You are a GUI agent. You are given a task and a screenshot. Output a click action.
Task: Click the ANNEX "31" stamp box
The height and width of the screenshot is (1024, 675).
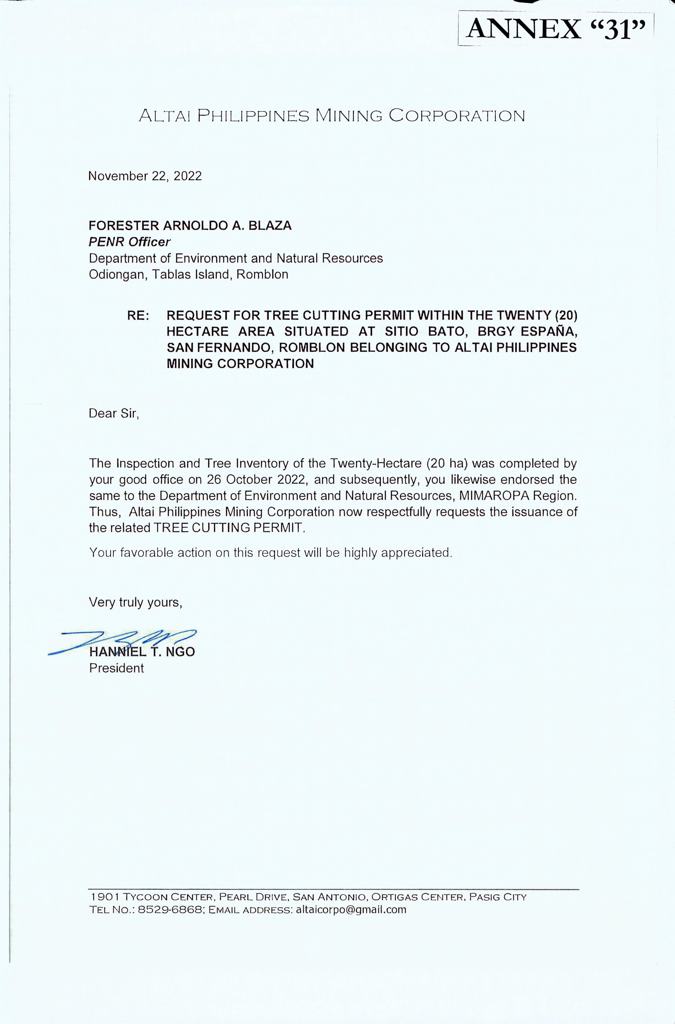pyautogui.click(x=556, y=29)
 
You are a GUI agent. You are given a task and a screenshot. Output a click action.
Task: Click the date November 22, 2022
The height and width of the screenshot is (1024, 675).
pyautogui.click(x=145, y=176)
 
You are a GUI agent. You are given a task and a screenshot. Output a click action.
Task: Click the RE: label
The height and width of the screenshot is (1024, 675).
pyautogui.click(x=138, y=316)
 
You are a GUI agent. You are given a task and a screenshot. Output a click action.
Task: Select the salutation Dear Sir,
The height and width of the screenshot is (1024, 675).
pyautogui.click(x=114, y=414)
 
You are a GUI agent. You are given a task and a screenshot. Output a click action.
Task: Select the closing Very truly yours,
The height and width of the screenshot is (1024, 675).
pyautogui.click(x=136, y=602)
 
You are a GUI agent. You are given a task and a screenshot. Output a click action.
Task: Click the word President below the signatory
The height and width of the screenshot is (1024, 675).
pyautogui.click(x=116, y=668)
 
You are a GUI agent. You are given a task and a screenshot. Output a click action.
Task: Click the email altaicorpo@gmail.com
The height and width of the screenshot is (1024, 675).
pyautogui.click(x=351, y=910)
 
